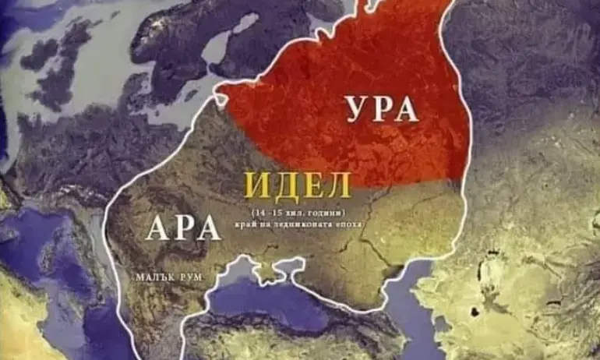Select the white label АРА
183,228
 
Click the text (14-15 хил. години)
298,212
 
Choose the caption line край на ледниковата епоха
298,224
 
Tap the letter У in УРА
355,110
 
